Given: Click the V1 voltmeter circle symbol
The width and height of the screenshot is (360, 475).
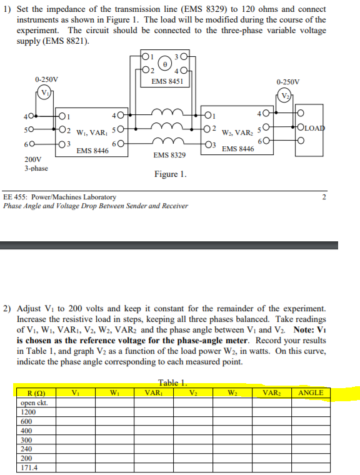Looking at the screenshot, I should pos(45,94).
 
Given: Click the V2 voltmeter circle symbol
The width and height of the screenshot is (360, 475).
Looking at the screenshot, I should pos(286,96).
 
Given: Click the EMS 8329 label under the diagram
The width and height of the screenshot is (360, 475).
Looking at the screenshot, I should pos(169,154).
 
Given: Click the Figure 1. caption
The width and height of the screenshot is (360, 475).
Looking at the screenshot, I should pos(170,174).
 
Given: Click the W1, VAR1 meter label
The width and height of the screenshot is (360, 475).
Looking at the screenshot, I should pos(90,132).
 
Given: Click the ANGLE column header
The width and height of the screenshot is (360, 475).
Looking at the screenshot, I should pos(311,392).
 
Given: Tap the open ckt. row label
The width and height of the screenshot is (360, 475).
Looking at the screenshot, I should pos(34,402).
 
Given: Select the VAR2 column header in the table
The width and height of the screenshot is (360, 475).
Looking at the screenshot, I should pos(271,392).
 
